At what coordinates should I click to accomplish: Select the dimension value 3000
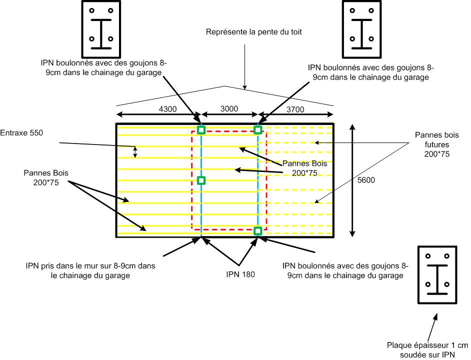tap(229, 108)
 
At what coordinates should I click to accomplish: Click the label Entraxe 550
tap(22, 133)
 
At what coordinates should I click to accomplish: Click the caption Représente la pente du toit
tap(253, 32)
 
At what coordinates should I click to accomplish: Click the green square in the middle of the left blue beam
tap(201, 180)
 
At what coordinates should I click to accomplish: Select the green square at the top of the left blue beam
tap(201, 130)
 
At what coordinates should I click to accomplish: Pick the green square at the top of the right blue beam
tap(258, 130)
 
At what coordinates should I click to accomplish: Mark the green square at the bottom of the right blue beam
tap(258, 230)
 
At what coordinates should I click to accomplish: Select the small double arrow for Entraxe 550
tap(134, 152)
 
